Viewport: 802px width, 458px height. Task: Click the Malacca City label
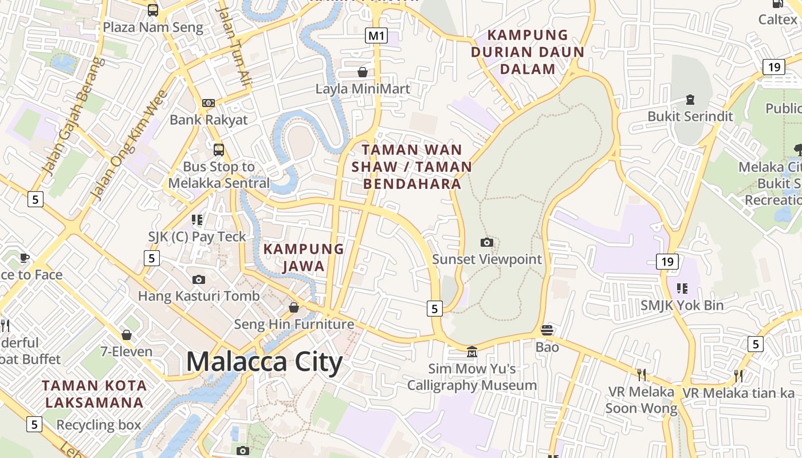point(264,362)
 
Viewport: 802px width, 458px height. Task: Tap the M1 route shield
point(376,35)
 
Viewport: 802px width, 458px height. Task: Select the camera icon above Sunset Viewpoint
point(486,242)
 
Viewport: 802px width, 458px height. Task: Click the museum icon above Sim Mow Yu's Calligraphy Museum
point(471,351)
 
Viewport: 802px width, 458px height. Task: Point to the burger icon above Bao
point(547,330)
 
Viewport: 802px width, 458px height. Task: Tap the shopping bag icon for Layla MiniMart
point(362,72)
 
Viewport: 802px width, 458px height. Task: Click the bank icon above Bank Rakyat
point(209,103)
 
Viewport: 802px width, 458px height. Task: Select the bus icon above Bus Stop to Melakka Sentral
point(218,150)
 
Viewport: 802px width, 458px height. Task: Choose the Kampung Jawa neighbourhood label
point(304,258)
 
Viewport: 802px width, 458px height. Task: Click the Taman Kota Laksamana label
point(95,394)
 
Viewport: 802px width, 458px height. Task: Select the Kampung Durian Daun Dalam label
point(528,52)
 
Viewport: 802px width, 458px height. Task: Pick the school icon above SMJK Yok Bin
point(682,288)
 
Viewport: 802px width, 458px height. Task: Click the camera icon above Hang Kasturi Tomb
point(199,279)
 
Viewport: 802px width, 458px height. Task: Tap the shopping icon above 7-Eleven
point(127,334)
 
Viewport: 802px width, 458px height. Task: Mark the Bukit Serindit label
point(690,116)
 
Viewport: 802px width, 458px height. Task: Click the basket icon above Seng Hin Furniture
point(294,307)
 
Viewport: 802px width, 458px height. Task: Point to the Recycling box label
point(99,425)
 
